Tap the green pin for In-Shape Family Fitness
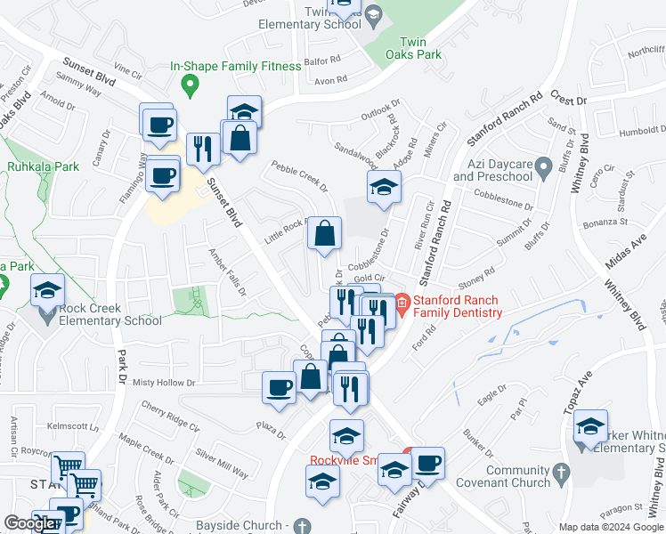pos(189,86)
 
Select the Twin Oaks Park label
pos(420,48)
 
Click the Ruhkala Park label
pos(43,166)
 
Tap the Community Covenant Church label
pos(506,476)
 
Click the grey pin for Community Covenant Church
pos(561,476)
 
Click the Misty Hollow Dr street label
pos(163,383)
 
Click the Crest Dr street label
pos(569,96)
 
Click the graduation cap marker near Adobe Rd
pos(384,188)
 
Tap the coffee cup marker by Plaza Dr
pos(280,388)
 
